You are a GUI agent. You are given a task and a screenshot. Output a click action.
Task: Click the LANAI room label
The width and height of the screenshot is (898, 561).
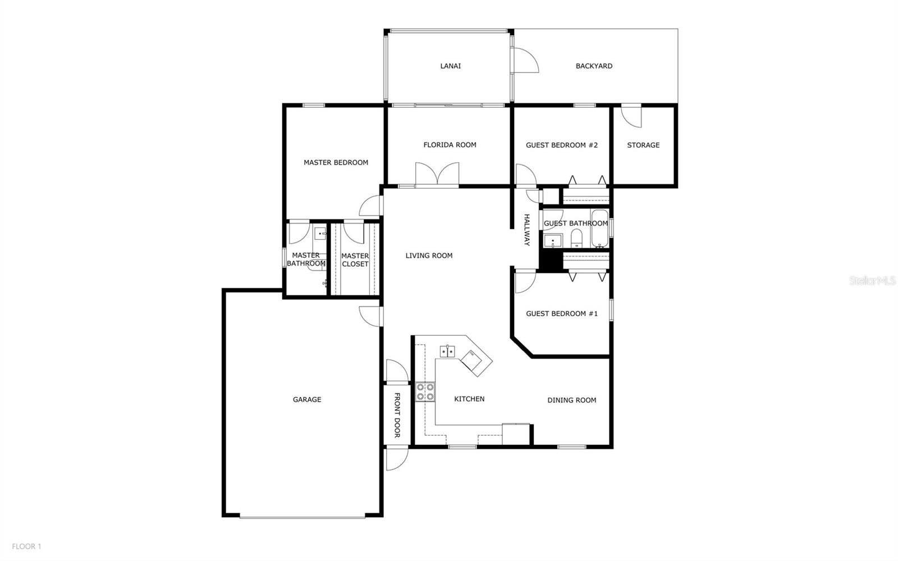(x=450, y=66)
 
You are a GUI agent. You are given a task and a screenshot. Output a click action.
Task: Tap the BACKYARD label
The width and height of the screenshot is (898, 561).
(x=594, y=66)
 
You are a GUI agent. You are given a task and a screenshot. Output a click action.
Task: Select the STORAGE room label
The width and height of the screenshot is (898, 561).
(x=643, y=145)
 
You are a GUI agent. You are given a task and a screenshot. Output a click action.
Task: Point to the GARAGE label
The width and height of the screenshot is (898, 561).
(x=306, y=399)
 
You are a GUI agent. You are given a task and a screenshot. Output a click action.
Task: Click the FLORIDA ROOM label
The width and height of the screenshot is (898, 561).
(x=450, y=145)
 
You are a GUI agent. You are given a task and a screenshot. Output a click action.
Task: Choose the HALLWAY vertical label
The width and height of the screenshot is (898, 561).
(x=527, y=230)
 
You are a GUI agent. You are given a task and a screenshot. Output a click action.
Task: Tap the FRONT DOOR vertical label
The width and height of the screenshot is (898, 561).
(x=397, y=415)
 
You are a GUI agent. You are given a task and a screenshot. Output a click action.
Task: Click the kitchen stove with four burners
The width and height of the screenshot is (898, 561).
(x=425, y=392)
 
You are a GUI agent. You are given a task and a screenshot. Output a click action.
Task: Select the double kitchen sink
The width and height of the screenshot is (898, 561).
(x=447, y=352)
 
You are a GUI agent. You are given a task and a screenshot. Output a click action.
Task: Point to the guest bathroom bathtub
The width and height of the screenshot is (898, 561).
(x=600, y=228)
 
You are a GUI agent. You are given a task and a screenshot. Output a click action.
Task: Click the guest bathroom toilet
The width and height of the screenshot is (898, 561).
(x=576, y=238)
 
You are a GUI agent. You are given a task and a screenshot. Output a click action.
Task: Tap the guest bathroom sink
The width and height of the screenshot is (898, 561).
(x=553, y=241)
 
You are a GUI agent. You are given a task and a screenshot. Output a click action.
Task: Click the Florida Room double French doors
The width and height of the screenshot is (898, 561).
(x=437, y=175)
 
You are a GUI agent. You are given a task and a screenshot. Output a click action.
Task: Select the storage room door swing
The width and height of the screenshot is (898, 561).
(x=631, y=116)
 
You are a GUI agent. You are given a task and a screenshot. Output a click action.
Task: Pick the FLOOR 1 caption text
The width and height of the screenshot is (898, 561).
(x=26, y=546)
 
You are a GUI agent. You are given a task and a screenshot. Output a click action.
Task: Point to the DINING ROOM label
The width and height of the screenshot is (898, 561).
(x=572, y=400)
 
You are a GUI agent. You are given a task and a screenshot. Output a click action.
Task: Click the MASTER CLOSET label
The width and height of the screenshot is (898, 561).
(x=355, y=260)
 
